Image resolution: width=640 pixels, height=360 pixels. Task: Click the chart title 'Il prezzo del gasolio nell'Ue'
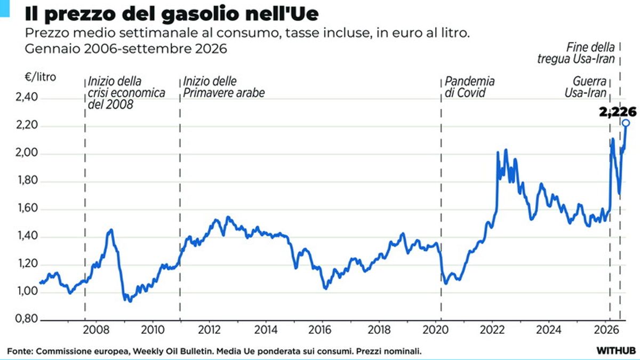pyautogui.click(x=172, y=14)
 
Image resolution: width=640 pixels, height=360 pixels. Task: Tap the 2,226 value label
pyautogui.click(x=618, y=111)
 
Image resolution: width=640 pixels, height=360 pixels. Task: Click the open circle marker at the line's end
pyautogui.click(x=626, y=123)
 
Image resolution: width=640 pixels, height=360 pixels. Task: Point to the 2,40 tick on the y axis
pyautogui.click(x=27, y=97)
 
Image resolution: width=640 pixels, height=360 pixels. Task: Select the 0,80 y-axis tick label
pyautogui.click(x=27, y=318)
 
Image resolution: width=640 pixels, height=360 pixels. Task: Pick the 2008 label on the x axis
pyautogui.click(x=96, y=330)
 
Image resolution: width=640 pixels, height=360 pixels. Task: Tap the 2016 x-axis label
pyautogui.click(x=319, y=330)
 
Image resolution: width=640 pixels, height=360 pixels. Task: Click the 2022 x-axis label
pyautogui.click(x=492, y=330)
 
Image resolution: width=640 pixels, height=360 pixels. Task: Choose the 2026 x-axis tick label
pyautogui.click(x=606, y=330)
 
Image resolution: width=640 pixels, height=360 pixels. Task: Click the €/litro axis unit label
pyautogui.click(x=41, y=77)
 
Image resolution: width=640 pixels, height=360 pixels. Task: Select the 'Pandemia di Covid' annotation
pyautogui.click(x=469, y=87)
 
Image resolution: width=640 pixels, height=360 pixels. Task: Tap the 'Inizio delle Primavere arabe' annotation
pyautogui.click(x=223, y=87)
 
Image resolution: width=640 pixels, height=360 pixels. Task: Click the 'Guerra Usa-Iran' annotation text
pyautogui.click(x=586, y=87)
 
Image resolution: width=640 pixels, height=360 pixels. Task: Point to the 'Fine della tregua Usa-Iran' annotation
pyautogui.click(x=576, y=53)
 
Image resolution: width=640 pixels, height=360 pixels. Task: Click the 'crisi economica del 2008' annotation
pyautogui.click(x=126, y=99)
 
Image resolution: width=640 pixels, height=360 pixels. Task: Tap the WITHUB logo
pyautogui.click(x=616, y=350)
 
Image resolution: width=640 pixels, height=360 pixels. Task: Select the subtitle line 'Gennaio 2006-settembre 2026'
pyautogui.click(x=126, y=49)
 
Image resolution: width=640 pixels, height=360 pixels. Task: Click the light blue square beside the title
pyautogui.click(x=5, y=9)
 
